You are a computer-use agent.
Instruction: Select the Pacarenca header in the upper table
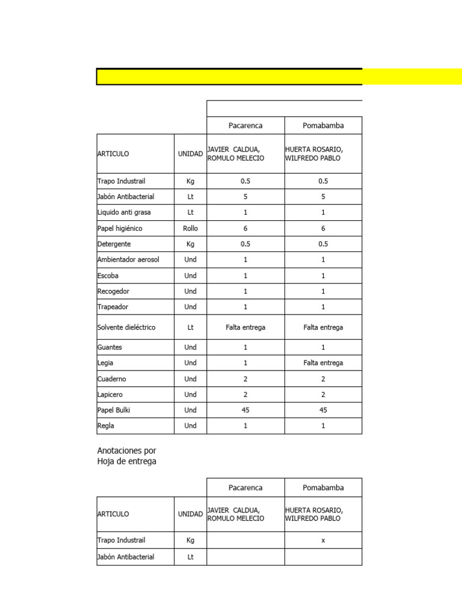tap(245, 126)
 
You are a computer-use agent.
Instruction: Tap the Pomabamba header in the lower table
tap(323, 487)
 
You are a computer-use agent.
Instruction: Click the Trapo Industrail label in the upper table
tap(122, 181)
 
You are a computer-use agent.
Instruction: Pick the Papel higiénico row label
tap(120, 229)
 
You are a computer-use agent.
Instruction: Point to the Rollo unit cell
tap(191, 229)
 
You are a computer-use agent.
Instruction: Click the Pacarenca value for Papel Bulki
tap(245, 410)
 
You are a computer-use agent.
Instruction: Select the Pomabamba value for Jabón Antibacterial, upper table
tap(323, 197)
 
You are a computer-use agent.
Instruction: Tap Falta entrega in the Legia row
tap(323, 363)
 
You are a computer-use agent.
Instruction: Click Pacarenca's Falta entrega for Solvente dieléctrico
tap(245, 327)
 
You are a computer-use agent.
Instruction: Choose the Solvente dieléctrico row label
tap(126, 327)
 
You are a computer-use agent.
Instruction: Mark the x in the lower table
tap(323, 540)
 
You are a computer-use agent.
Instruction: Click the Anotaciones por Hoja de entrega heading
tap(126, 456)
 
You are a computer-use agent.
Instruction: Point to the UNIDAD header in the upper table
tap(191, 154)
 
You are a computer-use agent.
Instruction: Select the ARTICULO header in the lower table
tap(113, 514)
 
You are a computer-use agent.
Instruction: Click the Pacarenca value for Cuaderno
tap(245, 379)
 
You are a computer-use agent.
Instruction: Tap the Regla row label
tap(106, 426)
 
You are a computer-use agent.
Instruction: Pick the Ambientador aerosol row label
tap(128, 260)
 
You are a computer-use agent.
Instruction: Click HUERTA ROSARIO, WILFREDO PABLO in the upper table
tap(314, 154)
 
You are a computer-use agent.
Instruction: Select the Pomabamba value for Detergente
tap(323, 244)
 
